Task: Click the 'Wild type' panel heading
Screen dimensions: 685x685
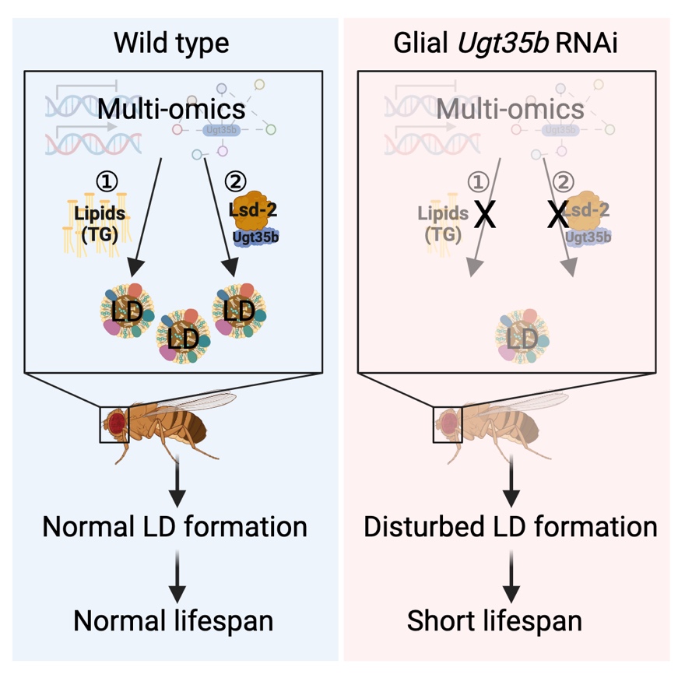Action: coord(171,43)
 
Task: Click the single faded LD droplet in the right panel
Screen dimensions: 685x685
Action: coord(516,337)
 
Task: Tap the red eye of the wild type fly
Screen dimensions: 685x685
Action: coord(117,423)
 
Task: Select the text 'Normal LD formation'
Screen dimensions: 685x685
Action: coord(175,527)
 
